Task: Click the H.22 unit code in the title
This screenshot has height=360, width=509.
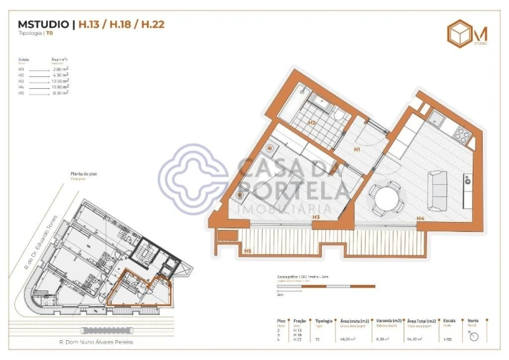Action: (153, 24)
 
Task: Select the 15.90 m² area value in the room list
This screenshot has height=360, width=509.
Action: (60, 87)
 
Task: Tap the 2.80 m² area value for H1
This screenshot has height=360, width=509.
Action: (60, 68)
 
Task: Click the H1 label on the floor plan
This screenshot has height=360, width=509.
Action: (357, 150)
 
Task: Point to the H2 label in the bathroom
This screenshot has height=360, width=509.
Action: (312, 122)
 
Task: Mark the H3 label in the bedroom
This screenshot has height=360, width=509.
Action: (315, 216)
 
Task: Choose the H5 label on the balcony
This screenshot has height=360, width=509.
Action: (248, 251)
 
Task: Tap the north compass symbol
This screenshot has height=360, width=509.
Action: (472, 335)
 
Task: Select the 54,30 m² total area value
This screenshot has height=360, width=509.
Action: (413, 340)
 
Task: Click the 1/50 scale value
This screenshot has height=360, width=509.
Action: (448, 340)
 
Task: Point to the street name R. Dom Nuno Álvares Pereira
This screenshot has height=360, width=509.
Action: (96, 342)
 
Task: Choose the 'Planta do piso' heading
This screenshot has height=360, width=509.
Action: (83, 174)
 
